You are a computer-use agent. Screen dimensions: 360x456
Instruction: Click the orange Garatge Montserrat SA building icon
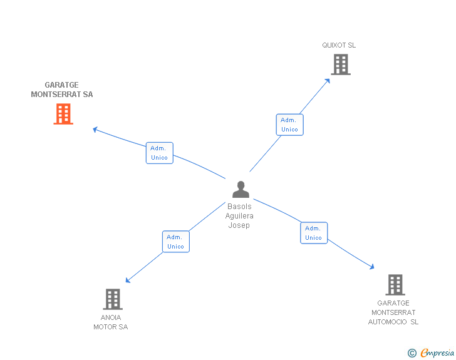[x=63, y=114]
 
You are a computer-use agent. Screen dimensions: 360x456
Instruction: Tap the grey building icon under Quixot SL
[x=340, y=64]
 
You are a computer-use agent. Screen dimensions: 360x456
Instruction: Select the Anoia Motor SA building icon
[x=112, y=299]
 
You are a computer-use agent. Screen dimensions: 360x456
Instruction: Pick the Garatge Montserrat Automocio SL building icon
[x=395, y=285]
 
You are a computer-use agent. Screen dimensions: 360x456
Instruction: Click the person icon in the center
[x=240, y=189]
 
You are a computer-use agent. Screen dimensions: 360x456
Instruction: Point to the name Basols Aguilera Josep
[x=239, y=216]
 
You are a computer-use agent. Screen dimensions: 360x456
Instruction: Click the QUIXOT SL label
[x=339, y=45]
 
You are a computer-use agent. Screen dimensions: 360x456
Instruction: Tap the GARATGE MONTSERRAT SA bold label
[x=62, y=90]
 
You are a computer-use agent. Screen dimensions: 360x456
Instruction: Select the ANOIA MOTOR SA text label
[x=111, y=322]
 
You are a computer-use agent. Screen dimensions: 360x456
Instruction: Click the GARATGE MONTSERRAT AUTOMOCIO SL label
[x=393, y=312]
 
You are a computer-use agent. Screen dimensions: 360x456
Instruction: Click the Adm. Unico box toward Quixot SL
[x=289, y=125]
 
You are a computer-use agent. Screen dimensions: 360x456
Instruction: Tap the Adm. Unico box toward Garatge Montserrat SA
[x=159, y=153]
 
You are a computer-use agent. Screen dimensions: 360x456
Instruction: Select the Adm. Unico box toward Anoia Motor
[x=175, y=242]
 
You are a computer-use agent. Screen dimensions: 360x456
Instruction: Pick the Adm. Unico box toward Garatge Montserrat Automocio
[x=313, y=233]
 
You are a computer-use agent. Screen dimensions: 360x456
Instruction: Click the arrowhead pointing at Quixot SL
[x=328, y=81]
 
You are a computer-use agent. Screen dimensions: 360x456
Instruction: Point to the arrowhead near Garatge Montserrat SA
[x=95, y=130]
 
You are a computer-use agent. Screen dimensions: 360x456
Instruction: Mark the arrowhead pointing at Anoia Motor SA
[x=128, y=280]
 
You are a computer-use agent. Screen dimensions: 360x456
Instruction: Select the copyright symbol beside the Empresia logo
[x=412, y=354]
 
